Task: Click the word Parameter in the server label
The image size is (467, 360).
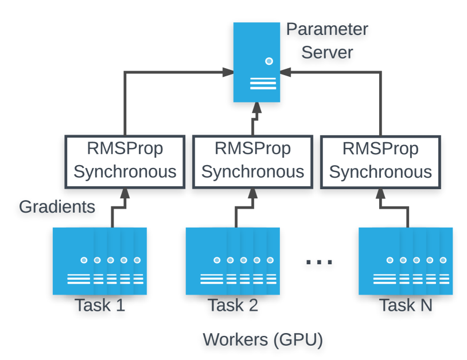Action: tap(327, 29)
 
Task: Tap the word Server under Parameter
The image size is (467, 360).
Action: tap(327, 53)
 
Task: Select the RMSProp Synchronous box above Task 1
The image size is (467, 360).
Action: tap(124, 161)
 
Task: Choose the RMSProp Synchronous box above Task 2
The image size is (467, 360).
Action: tap(252, 161)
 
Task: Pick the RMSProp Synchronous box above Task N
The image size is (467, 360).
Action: tap(380, 161)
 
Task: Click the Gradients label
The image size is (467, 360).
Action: tap(57, 206)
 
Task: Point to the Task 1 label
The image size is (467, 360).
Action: tap(99, 306)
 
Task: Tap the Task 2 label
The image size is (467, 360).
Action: tap(232, 306)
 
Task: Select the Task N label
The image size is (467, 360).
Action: tap(405, 306)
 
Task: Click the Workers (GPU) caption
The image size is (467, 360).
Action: tap(263, 340)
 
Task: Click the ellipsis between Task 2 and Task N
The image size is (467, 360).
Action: tap(319, 262)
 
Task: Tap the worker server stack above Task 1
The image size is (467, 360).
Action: tap(99, 261)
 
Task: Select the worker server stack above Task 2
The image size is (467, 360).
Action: tap(232, 261)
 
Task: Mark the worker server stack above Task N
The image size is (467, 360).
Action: tap(405, 261)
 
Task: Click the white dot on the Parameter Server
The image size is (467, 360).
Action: tap(268, 61)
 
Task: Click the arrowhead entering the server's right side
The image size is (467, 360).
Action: tap(285, 72)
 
